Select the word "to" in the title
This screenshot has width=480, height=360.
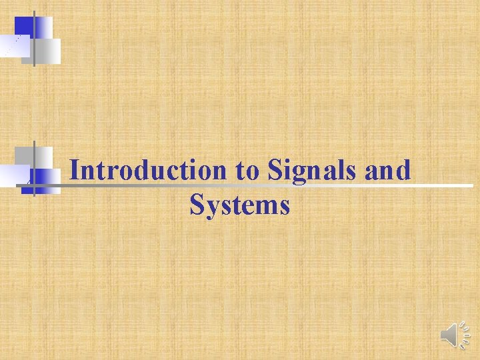(x=247, y=171)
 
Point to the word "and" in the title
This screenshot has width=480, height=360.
(x=388, y=171)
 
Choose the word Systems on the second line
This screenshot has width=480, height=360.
(x=240, y=205)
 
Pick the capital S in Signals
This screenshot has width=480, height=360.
(x=274, y=171)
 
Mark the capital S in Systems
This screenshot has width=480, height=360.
(x=196, y=205)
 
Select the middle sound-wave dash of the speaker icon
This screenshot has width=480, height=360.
(x=465, y=335)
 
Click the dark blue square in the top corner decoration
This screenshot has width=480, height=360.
(x=24, y=26)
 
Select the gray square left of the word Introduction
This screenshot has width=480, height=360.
(x=42, y=157)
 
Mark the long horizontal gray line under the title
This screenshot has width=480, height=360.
(x=267, y=186)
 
